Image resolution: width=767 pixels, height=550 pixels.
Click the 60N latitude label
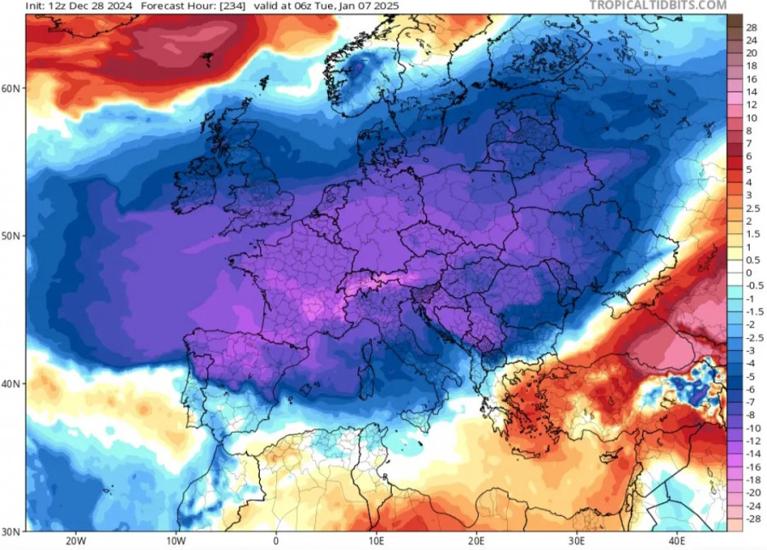click(13, 89)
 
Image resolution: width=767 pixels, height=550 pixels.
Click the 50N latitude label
click(13, 236)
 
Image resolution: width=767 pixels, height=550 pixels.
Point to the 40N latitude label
click(13, 383)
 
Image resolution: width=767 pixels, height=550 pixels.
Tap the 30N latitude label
click(13, 530)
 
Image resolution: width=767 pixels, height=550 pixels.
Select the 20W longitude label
click(75, 541)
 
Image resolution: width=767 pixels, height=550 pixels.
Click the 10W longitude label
click(176, 541)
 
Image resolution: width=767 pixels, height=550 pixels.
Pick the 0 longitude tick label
click(275, 541)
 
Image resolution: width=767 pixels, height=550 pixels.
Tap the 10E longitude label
click(376, 541)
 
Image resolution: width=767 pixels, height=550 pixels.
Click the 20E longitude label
click(476, 541)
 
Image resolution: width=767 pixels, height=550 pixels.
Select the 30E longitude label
click(577, 541)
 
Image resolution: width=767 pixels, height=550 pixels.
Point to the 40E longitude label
click(678, 541)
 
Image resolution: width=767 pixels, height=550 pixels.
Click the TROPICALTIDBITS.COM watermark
click(658, 6)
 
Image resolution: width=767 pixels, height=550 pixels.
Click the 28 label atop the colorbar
click(752, 26)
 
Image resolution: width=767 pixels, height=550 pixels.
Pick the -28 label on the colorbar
click(753, 518)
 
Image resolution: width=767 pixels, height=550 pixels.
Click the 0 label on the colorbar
click(749, 272)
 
